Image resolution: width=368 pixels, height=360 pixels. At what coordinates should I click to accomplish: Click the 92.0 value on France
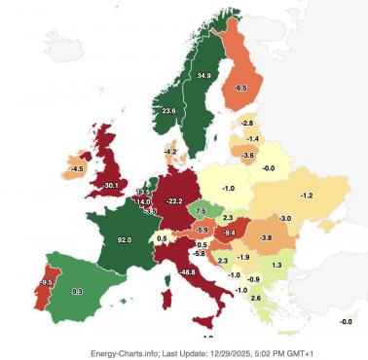[x=124, y=238]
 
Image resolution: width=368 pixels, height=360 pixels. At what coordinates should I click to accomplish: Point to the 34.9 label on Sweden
[x=203, y=75]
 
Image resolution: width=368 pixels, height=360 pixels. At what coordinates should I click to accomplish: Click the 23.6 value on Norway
[x=168, y=111]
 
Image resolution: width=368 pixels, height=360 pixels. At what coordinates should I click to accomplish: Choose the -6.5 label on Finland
[x=240, y=88]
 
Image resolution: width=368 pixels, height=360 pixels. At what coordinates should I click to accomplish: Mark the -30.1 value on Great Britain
[x=111, y=185]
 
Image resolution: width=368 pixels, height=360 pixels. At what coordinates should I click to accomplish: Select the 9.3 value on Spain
[x=78, y=291]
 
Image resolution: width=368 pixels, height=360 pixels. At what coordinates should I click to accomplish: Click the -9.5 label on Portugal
[x=45, y=282]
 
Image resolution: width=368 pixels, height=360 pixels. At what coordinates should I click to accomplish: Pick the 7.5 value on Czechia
[x=201, y=210]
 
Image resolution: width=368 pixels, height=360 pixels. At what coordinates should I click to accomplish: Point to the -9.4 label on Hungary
[x=230, y=234]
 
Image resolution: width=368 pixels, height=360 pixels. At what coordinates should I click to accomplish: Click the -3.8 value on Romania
[x=265, y=237]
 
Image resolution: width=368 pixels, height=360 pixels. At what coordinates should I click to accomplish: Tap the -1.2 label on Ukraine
[x=306, y=196]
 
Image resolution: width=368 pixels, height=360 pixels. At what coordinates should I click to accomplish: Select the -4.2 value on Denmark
[x=170, y=152]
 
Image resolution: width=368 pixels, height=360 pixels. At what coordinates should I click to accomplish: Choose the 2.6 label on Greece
[x=255, y=298]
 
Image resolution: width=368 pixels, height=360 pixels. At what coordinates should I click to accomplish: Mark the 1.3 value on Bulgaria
[x=276, y=265]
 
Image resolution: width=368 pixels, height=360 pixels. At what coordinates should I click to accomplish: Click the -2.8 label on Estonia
[x=247, y=123]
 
